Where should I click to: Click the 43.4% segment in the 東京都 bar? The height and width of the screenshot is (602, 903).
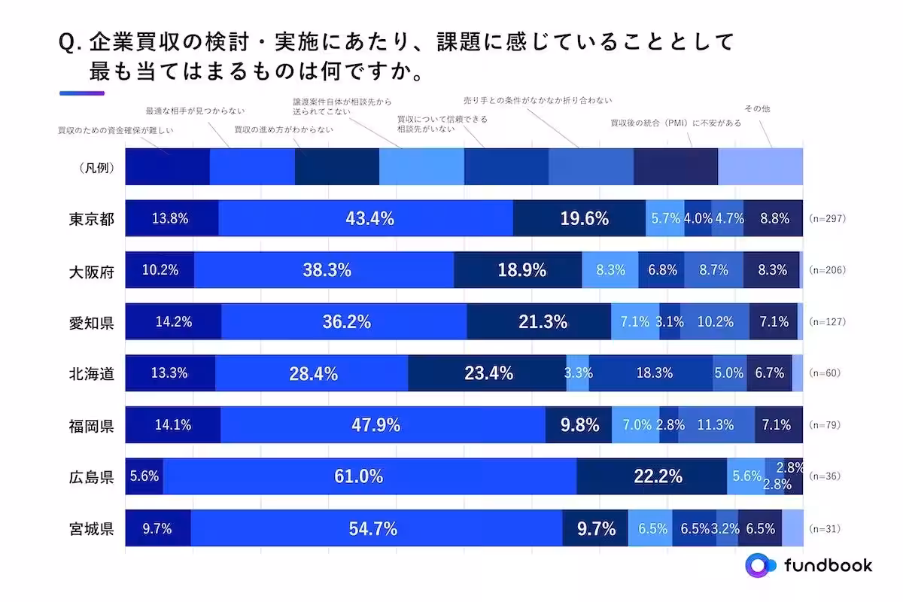point(366,219)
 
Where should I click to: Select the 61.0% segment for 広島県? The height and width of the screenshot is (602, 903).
point(369,476)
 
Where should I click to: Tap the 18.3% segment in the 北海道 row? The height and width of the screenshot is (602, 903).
point(652,373)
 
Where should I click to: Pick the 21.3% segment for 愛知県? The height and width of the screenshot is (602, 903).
point(539,322)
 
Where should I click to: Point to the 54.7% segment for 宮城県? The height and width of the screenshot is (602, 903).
point(376,528)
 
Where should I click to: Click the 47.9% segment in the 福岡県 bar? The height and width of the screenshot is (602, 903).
point(382,425)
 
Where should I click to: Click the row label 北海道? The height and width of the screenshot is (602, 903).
point(91,373)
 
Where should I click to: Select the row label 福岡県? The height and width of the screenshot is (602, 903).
point(91,425)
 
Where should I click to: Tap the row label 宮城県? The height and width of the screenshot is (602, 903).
point(91,528)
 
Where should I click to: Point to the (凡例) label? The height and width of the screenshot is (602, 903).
point(96,168)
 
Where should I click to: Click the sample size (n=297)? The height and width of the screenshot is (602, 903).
point(828,219)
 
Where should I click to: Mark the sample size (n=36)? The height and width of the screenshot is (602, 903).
point(825,476)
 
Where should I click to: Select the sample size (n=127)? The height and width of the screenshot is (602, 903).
point(828,322)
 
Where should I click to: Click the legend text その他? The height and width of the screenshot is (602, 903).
point(756,109)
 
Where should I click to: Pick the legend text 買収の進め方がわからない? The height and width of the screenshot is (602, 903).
point(283,129)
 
